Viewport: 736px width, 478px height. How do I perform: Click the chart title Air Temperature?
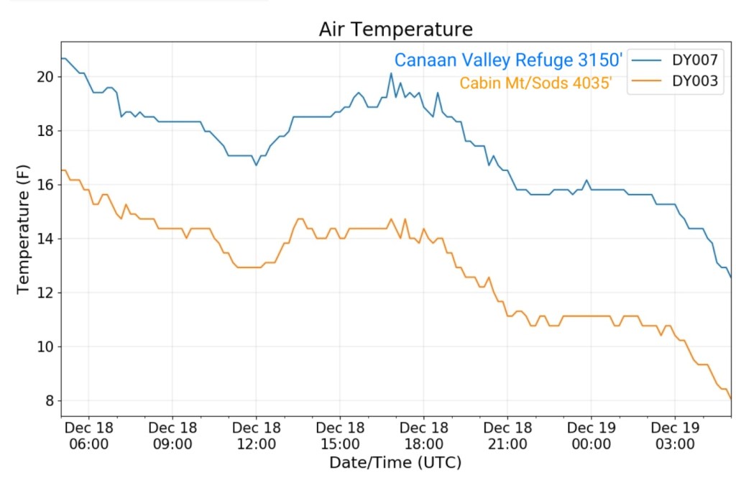[396, 29]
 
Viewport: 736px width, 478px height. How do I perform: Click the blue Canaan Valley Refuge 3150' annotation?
[507, 60]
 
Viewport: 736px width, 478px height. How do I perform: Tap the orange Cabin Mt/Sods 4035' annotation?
[535, 83]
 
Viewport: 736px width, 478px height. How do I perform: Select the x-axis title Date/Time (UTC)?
[395, 462]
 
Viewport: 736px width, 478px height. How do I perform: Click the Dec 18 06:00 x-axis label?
[88, 435]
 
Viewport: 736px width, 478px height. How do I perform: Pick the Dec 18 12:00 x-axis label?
[256, 435]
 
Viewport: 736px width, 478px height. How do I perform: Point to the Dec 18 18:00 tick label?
[423, 435]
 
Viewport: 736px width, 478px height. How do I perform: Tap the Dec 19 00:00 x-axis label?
[591, 435]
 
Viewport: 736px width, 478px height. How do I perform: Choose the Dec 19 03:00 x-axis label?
[674, 435]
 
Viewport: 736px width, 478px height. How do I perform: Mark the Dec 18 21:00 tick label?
[507, 435]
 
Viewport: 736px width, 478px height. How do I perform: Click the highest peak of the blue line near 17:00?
[391, 73]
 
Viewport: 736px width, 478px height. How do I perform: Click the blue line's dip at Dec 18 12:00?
[256, 165]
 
